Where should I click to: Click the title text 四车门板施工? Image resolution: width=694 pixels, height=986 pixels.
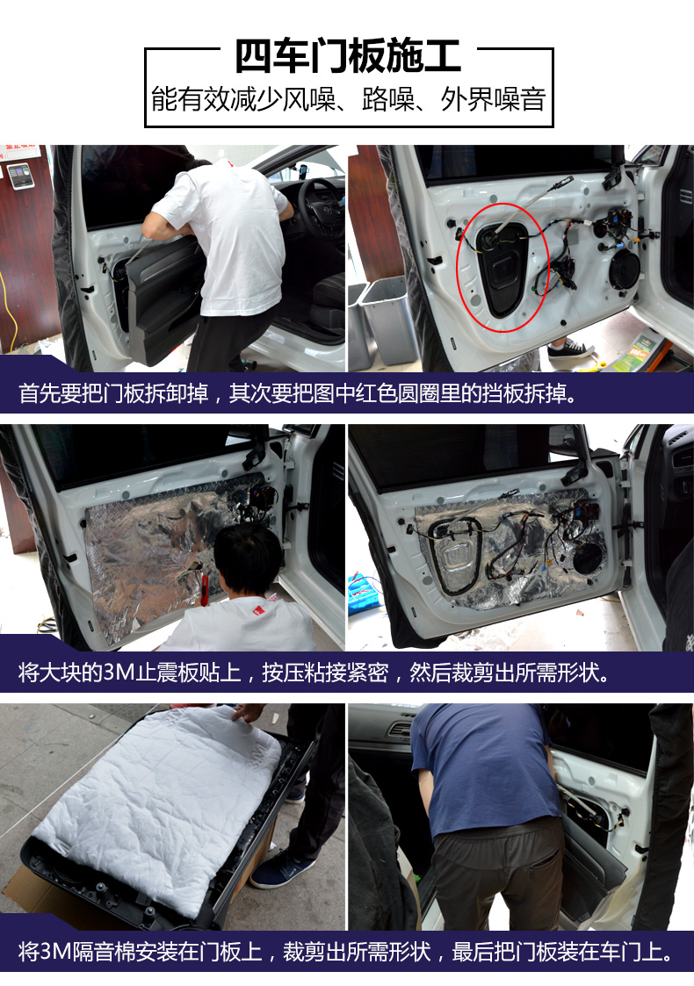click(348, 55)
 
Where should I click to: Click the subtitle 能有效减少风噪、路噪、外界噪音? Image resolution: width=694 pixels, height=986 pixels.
click(348, 98)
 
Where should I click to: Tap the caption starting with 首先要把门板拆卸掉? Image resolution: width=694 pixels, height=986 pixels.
click(298, 393)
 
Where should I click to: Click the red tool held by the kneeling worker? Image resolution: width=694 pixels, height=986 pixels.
click(205, 594)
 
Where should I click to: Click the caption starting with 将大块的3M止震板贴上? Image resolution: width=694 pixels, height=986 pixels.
click(314, 673)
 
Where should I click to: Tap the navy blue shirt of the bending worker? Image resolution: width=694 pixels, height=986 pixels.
click(483, 764)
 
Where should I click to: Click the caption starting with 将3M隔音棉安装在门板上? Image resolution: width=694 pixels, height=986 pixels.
click(347, 952)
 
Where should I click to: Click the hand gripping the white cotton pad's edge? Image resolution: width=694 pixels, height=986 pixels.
click(248, 713)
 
